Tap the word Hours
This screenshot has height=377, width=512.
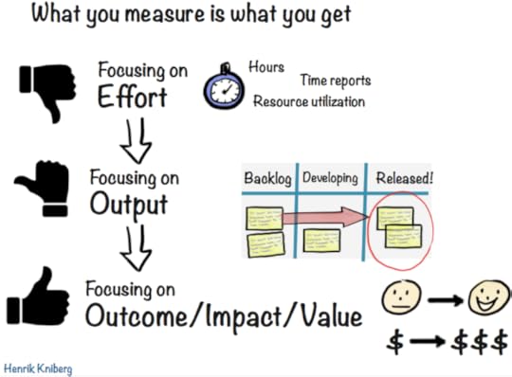coord(267,68)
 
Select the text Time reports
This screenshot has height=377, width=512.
coord(336,82)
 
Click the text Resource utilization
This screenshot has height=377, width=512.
coord(309,101)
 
